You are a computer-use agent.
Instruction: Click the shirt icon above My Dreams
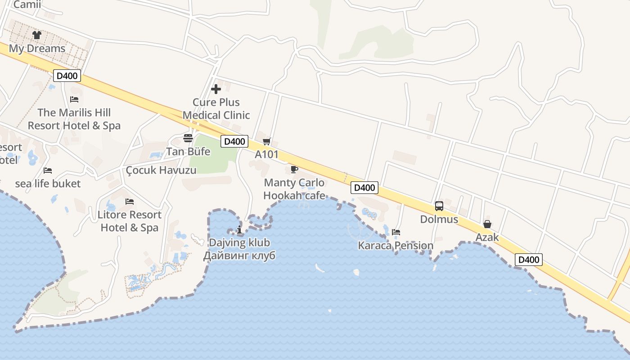[37, 35]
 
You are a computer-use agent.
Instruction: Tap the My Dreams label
[37, 49]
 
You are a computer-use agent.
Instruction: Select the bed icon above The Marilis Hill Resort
[74, 99]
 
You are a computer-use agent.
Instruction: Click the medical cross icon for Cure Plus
[216, 89]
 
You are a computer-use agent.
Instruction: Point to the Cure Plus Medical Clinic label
[216, 109]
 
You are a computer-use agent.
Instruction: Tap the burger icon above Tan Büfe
[188, 138]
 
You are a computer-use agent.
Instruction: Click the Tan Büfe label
[188, 152]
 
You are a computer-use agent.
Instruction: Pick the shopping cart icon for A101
[267, 141]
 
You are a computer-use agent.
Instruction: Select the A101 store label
[267, 155]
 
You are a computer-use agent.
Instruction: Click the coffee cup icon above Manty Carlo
[294, 169]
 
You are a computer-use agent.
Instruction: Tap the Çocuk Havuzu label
[161, 170]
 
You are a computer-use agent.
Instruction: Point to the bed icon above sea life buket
[48, 170]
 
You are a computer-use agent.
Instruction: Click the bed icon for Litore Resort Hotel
[130, 201]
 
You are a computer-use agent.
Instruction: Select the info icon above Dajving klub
[239, 230]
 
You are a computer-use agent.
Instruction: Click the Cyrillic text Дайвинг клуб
[239, 256]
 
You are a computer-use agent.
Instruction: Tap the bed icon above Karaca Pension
[396, 232]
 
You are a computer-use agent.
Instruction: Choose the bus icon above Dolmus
[439, 206]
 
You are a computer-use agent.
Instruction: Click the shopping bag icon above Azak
[487, 224]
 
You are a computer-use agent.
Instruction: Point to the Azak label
[487, 237]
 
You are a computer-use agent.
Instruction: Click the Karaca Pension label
[396, 246]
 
